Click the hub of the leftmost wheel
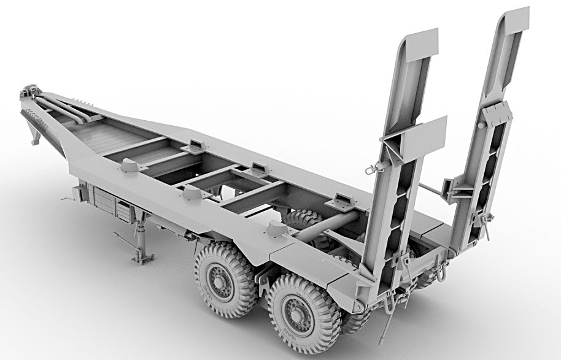tap(219, 280)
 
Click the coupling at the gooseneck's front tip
tap(27, 93)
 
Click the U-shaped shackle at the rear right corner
tap(441, 269)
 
